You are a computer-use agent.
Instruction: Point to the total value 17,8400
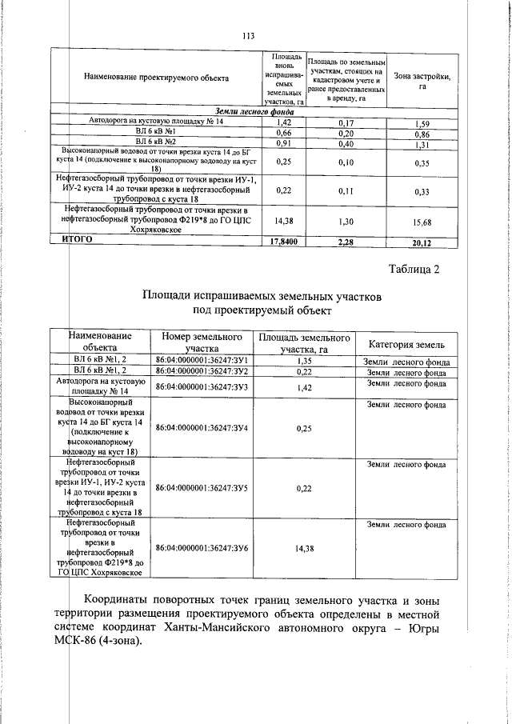point(282,239)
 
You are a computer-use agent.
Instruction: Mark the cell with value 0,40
point(346,145)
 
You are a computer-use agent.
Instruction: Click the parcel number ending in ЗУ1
point(202,361)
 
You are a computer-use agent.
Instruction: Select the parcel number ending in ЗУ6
point(202,548)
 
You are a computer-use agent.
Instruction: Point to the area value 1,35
point(303,361)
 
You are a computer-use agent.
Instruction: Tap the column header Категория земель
point(406,344)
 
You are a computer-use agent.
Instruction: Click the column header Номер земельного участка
point(202,342)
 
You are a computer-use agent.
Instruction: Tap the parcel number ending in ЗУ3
point(202,387)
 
